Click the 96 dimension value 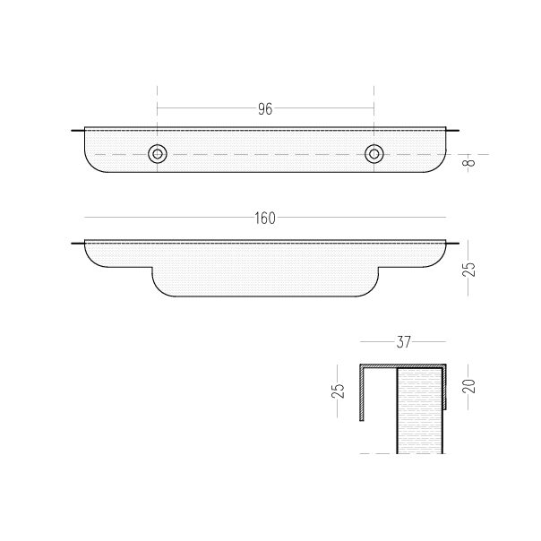point(265,108)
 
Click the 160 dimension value point(265,218)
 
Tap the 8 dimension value point(469,162)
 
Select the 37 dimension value point(403,342)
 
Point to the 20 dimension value point(469,386)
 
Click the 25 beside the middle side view point(469,269)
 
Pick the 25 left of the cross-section point(339,391)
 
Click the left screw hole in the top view point(158,153)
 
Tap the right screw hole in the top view point(374,153)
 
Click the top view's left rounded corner point(90,166)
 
